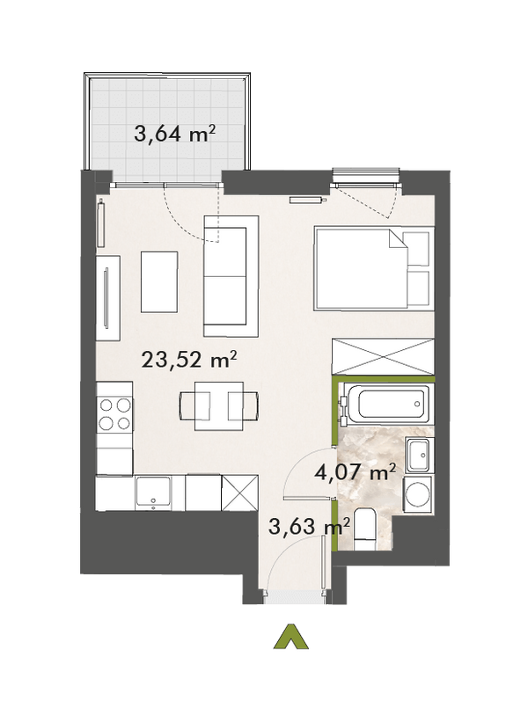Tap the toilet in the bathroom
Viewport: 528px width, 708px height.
[365, 528]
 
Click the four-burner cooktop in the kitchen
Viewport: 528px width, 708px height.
[114, 414]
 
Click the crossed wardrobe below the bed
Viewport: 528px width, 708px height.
[382, 355]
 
